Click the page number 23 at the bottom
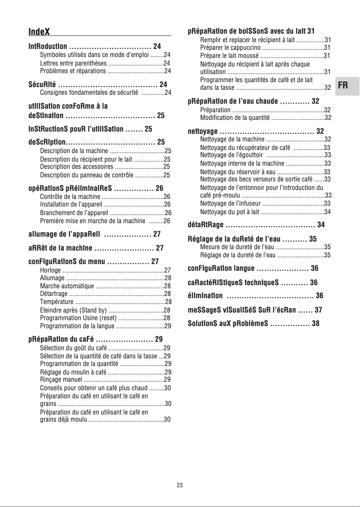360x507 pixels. tap(180, 485)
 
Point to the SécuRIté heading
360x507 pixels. tap(42, 84)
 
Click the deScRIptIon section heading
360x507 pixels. tap(47, 142)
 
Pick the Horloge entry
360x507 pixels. tap(50, 270)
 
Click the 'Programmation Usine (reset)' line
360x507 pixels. tap(79, 317)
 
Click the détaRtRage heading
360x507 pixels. tap(205, 225)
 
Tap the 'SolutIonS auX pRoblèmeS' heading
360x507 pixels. tap(228, 323)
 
